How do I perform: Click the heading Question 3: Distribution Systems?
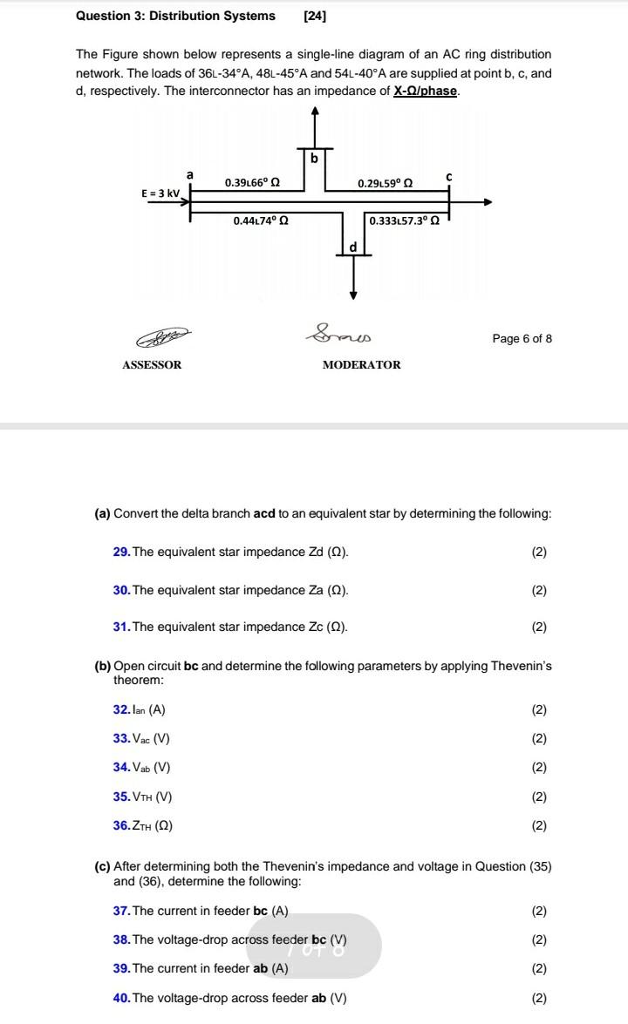tap(175, 16)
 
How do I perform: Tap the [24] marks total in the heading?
tap(315, 16)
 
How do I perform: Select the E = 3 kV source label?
tap(160, 193)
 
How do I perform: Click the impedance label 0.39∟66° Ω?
tap(252, 182)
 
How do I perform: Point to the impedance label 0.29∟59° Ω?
tap(385, 183)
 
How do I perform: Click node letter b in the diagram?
tap(314, 159)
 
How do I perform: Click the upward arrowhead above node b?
tap(314, 111)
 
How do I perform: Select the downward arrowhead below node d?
tap(353, 295)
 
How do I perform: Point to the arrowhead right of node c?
tap(488, 202)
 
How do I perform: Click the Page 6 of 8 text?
tap(522, 339)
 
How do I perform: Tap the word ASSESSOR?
tap(152, 365)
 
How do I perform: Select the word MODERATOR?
tap(361, 365)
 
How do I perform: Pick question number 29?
tap(121, 553)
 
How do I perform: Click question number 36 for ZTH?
tap(121, 825)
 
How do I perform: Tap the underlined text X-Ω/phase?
tap(426, 91)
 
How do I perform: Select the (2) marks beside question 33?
tap(539, 738)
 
